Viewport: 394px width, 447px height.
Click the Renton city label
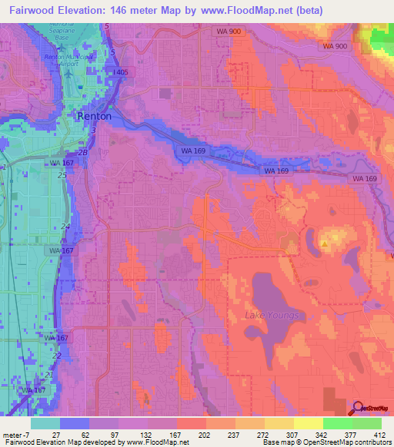tap(95, 116)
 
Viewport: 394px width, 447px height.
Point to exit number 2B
tap(83, 154)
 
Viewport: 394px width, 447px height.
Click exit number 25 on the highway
tap(62, 175)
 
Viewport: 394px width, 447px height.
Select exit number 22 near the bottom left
tap(57, 356)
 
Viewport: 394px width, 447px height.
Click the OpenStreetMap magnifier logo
tap(358, 408)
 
